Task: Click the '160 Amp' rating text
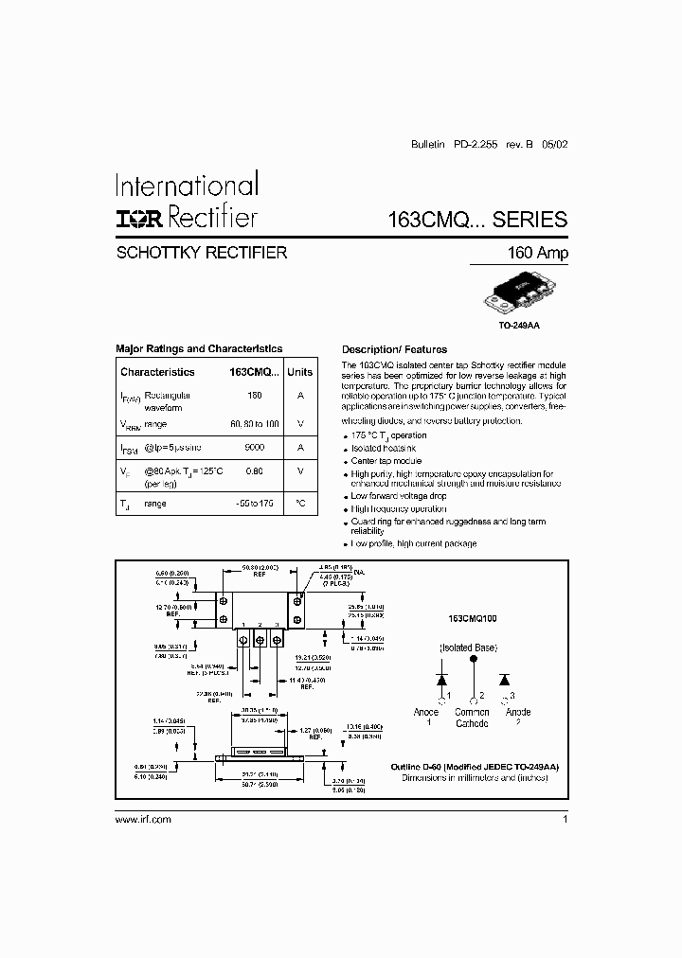click(538, 254)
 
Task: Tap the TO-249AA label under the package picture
click(519, 324)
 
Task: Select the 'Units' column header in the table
click(299, 372)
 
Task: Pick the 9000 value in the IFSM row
click(254, 447)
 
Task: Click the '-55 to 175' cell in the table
click(254, 504)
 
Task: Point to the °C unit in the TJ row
click(299, 504)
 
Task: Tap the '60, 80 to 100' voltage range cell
click(254, 423)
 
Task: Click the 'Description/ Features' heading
click(394, 349)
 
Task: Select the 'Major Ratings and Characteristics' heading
click(199, 348)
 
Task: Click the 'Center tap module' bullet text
click(388, 461)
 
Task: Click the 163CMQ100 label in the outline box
click(479, 617)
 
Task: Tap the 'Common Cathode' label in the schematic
click(472, 718)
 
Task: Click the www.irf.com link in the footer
click(143, 819)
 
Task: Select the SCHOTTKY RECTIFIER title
click(201, 254)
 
